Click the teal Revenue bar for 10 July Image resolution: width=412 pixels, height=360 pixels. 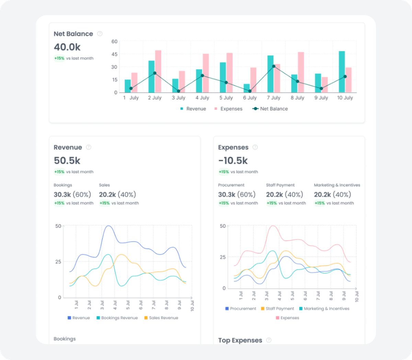coord(342,72)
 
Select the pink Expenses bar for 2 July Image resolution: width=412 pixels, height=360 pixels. coord(158,71)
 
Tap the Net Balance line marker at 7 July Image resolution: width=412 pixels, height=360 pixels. coord(274,66)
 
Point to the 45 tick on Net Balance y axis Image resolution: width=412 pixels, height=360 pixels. coord(114,54)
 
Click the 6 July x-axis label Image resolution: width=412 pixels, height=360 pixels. coord(250,98)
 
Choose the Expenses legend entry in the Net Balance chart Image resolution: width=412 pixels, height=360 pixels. coord(228,109)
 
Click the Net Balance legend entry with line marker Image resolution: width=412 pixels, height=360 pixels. coord(270,109)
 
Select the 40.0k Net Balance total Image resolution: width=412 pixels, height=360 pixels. coord(67,47)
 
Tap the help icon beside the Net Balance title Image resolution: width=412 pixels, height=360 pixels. coord(100,34)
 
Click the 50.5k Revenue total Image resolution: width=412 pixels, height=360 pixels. coord(67,161)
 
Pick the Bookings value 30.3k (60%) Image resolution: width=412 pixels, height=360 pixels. coord(72,195)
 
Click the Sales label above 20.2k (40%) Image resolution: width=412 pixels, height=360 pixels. coord(104,185)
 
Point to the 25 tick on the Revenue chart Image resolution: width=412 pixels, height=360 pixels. coord(58,262)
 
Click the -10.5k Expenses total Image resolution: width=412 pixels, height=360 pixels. coord(233,161)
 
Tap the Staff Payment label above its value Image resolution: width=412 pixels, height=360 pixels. coord(280,185)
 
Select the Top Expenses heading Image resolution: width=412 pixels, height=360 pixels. coord(240,340)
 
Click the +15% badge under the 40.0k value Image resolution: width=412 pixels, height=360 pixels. coord(59,58)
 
